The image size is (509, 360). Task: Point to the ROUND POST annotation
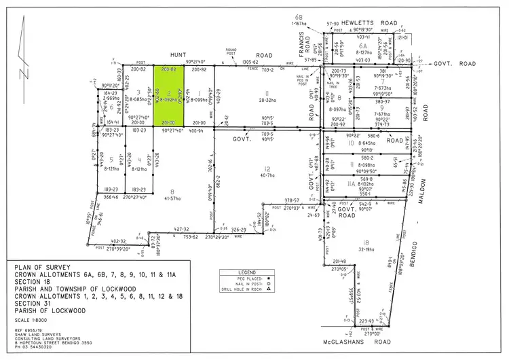pos(230,51)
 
